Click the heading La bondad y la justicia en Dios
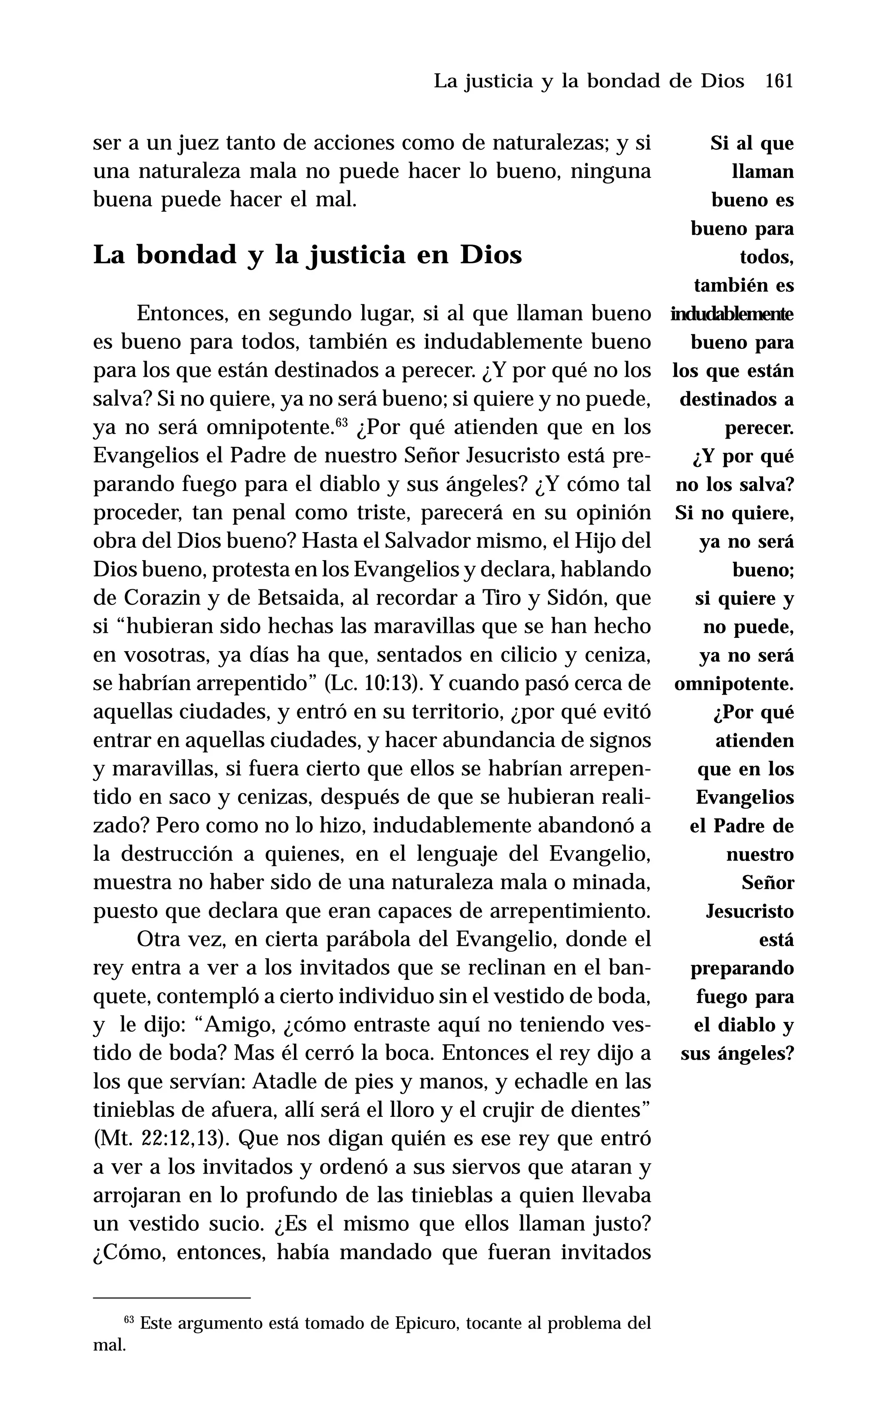[x=307, y=256]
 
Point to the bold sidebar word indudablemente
[x=732, y=314]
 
